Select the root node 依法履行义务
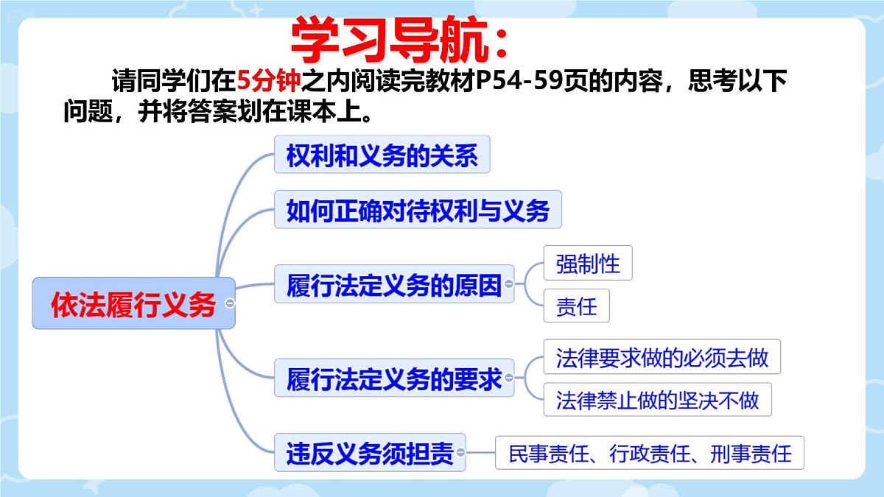tap(133, 303)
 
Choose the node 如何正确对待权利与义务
tap(418, 210)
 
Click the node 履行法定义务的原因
tap(393, 284)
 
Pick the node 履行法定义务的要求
tap(393, 378)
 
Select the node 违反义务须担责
tap(370, 452)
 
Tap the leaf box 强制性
tap(588, 263)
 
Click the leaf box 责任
tap(576, 305)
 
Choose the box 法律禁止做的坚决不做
tap(656, 400)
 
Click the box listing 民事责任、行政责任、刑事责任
tap(650, 453)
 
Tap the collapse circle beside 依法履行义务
tap(230, 303)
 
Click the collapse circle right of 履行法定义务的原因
tap(508, 283)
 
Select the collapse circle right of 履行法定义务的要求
tap(508, 378)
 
